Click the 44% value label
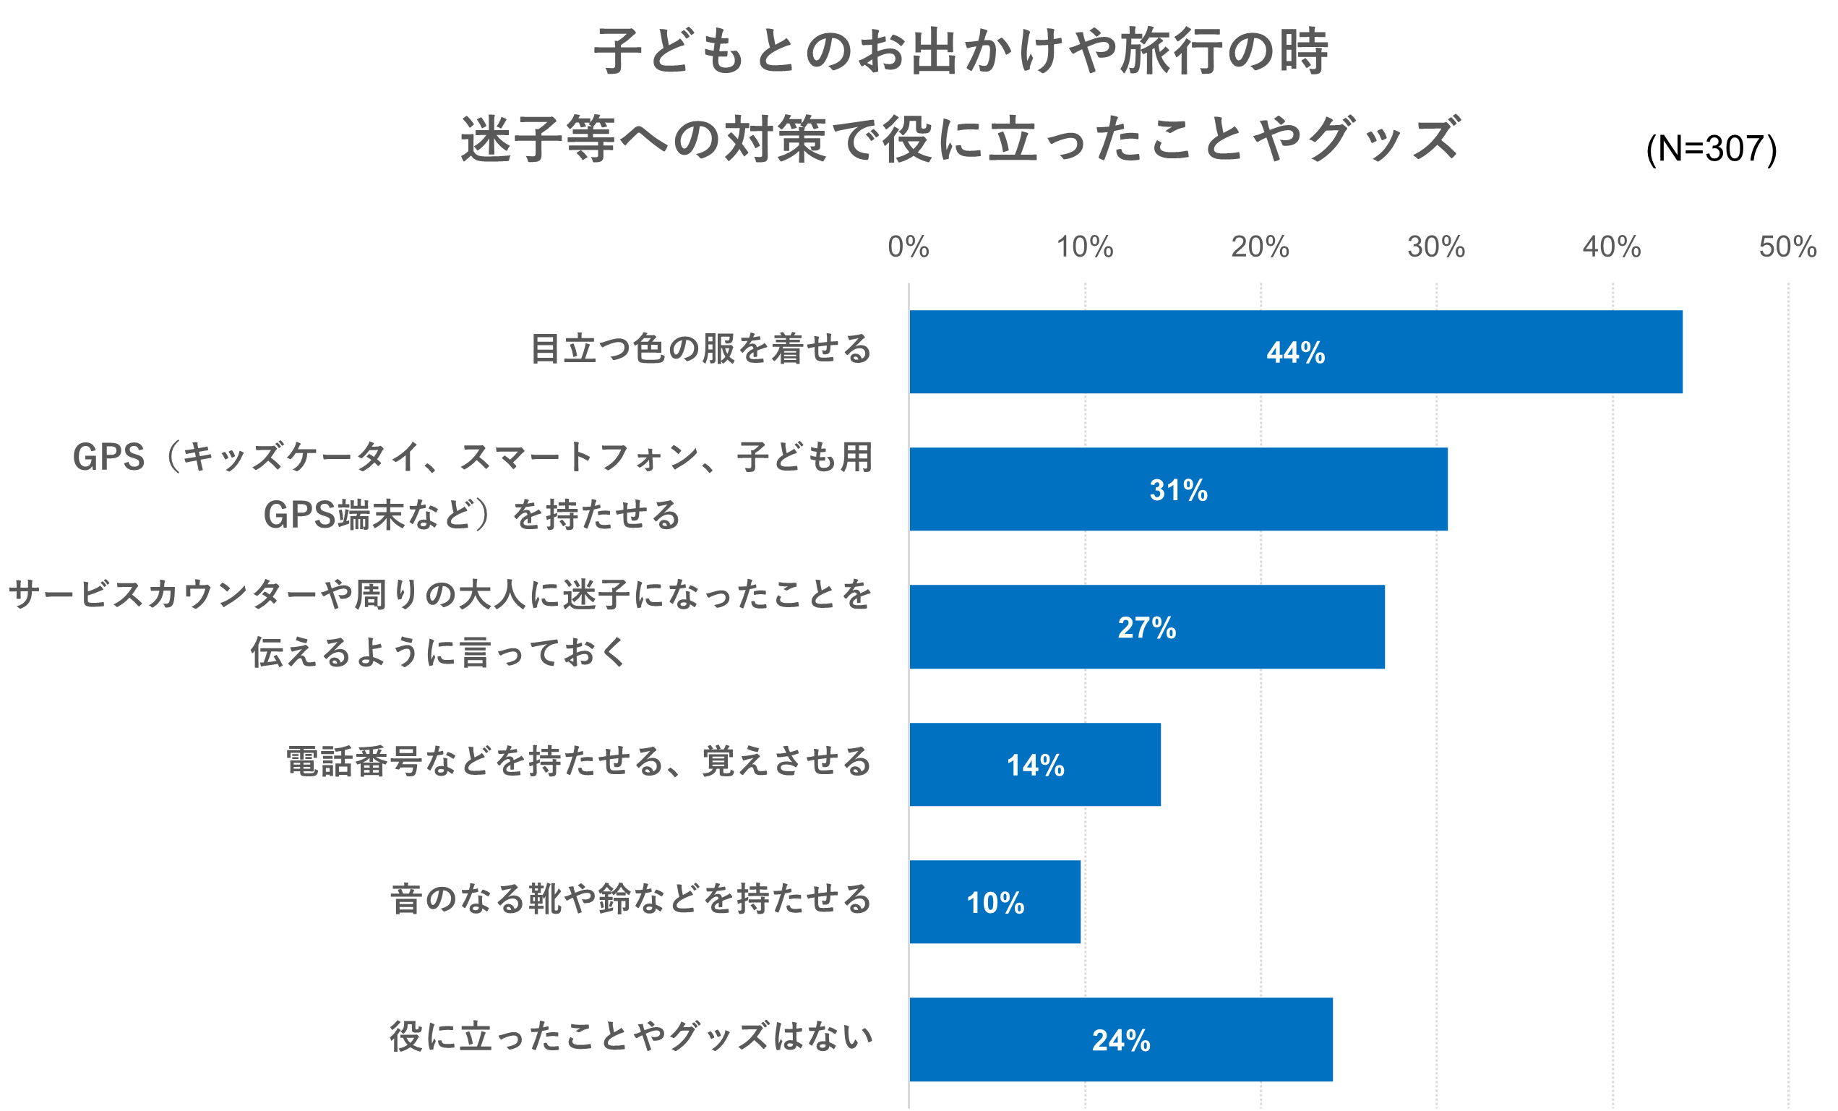coord(1295,353)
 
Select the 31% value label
coord(1178,490)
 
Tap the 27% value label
coord(1146,627)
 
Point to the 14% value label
coord(1036,765)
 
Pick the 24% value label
coord(1120,1040)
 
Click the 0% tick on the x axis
coord(908,247)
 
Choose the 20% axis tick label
coord(1260,247)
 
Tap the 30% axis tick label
coord(1436,247)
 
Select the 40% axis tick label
coord(1611,247)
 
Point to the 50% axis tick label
coord(1787,247)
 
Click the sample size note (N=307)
coord(1712,149)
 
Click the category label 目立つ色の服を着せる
coord(700,349)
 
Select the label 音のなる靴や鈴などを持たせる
coord(630,899)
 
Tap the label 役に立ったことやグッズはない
coord(630,1037)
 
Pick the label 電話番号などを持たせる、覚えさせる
coord(578,762)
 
